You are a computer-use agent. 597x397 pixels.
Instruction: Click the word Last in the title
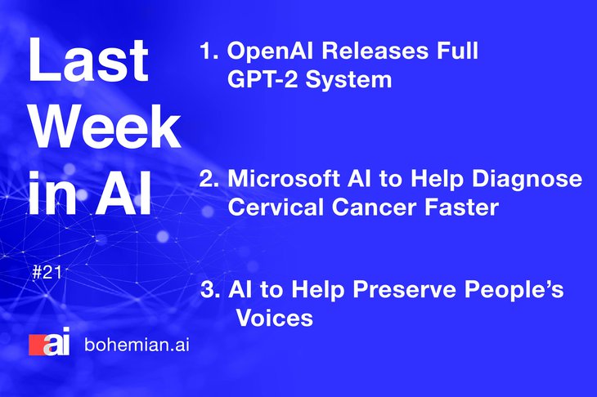click(x=88, y=60)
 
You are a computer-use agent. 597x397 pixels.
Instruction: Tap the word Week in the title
click(x=105, y=126)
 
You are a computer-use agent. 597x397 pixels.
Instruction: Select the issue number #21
click(x=47, y=272)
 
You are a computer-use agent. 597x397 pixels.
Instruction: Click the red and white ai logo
click(x=50, y=341)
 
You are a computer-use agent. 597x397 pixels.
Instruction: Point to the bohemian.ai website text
click(x=137, y=345)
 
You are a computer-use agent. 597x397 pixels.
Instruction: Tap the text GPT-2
click(x=263, y=79)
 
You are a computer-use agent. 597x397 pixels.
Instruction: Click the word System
click(x=348, y=81)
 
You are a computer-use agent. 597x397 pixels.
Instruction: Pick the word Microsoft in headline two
click(x=284, y=178)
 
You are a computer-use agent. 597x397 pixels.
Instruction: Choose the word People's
click(x=514, y=290)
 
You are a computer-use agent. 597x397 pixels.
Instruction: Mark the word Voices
click(x=274, y=318)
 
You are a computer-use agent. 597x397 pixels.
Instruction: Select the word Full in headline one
click(x=457, y=51)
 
